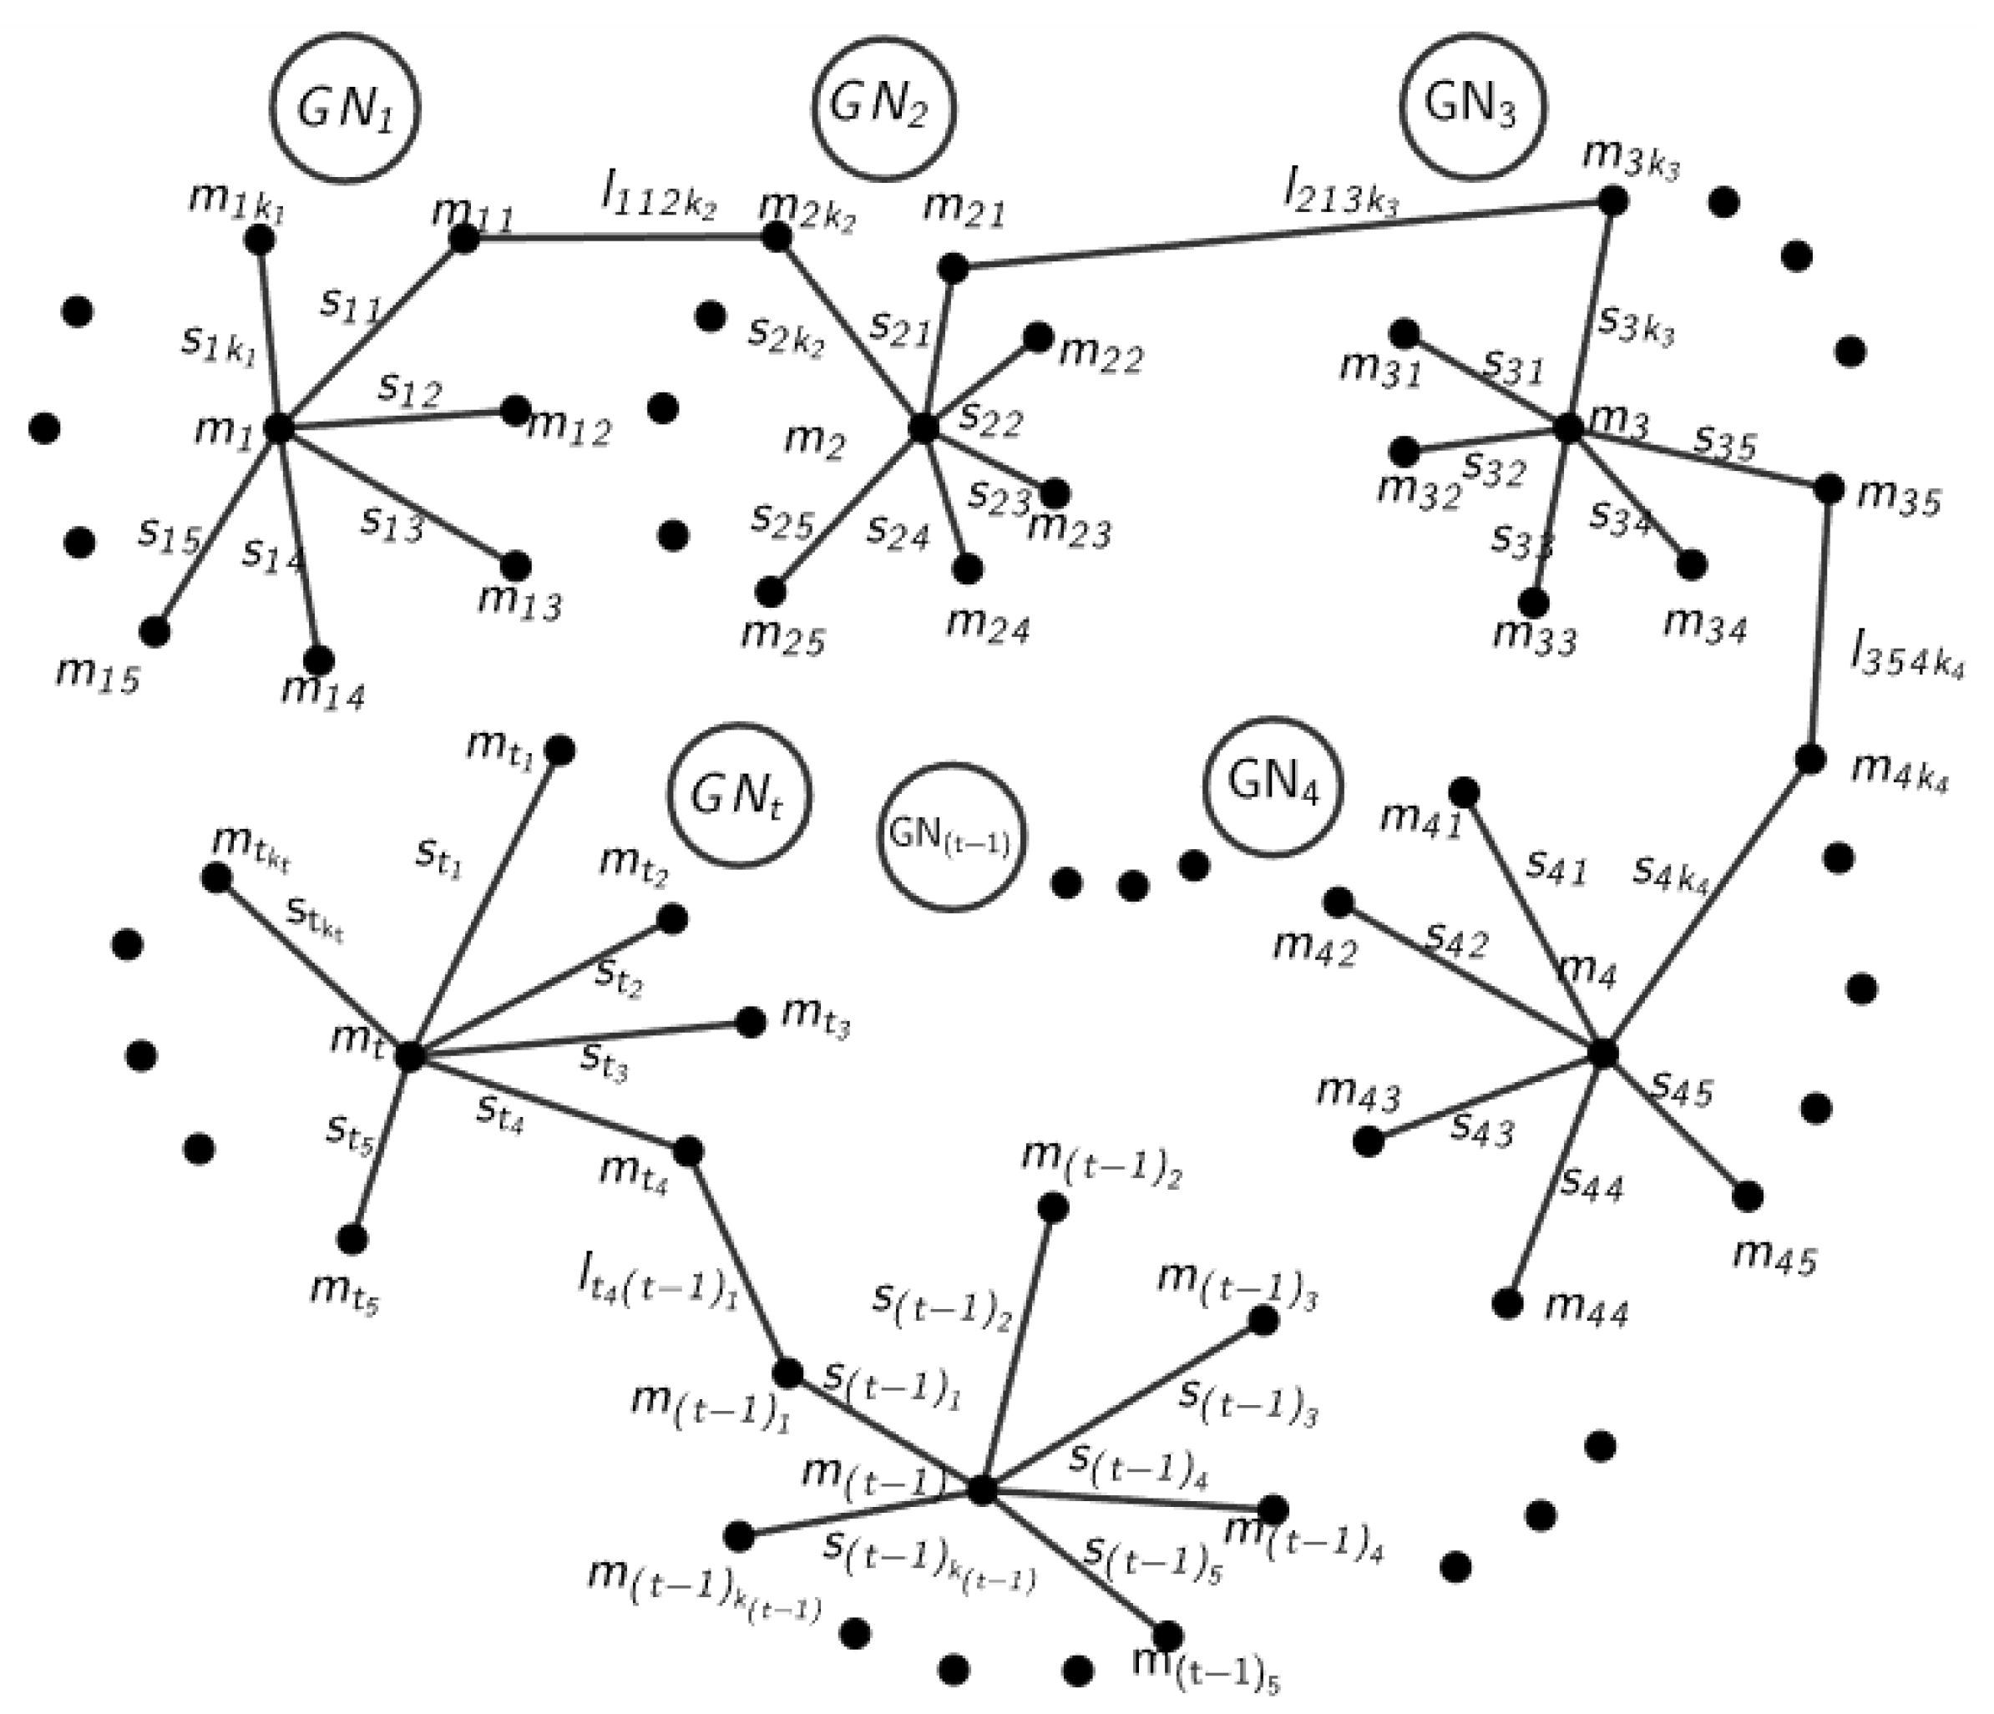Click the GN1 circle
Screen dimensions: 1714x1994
(346, 109)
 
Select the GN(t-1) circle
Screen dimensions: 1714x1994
(951, 837)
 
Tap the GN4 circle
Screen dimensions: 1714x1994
(1273, 786)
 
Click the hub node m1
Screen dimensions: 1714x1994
(278, 428)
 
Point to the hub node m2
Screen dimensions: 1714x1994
(923, 427)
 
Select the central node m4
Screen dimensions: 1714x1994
(1602, 1054)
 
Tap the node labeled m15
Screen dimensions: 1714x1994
(154, 631)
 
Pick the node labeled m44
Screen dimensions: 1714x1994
(1507, 1304)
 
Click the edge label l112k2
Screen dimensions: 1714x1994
(657, 200)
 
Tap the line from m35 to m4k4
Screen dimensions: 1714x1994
(1819, 624)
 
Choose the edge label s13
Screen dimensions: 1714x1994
(392, 522)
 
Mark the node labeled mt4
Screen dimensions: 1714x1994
(688, 1150)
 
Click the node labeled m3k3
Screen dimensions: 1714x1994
(1613, 201)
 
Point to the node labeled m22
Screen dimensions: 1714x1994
(1037, 336)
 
